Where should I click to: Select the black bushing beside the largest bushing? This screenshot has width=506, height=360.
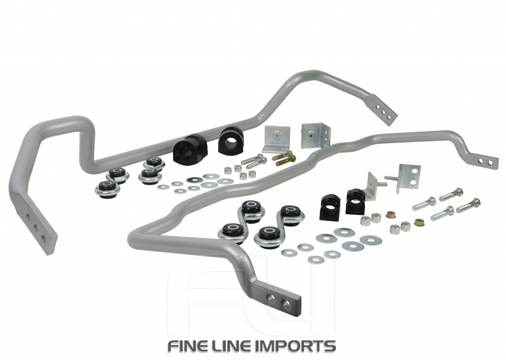pos(231,140)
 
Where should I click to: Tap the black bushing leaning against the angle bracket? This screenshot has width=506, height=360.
pos(356,201)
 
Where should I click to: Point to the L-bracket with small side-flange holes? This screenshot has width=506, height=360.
pos(315,134)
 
